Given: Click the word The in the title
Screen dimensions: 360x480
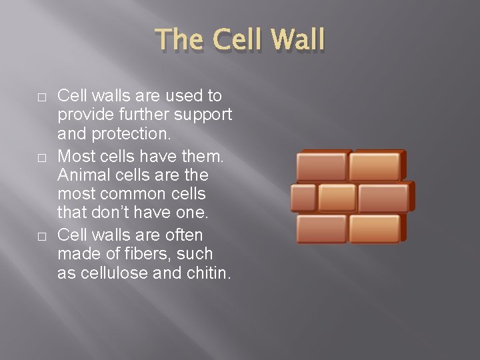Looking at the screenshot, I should pyautogui.click(x=181, y=40).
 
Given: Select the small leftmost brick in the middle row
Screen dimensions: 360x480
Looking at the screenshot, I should pyautogui.click(x=303, y=197).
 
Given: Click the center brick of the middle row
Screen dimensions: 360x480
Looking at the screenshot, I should pyautogui.click(x=337, y=197).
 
